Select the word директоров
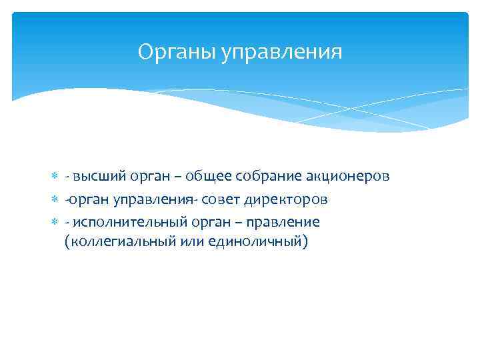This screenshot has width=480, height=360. click(x=286, y=199)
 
